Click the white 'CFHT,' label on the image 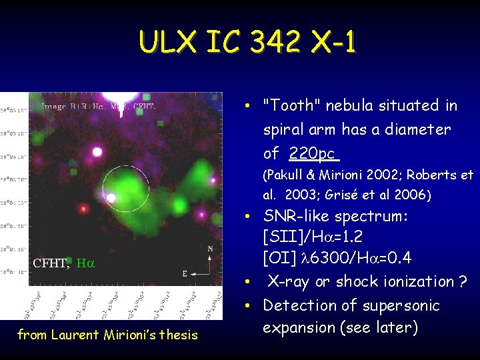(x=51, y=263)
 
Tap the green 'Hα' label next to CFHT (x=85, y=263)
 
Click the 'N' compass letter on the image (x=211, y=249)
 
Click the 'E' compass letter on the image (x=185, y=273)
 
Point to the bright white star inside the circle (x=111, y=198)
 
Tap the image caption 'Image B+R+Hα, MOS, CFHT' (x=98, y=106)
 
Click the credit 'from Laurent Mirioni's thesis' (x=107, y=335)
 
